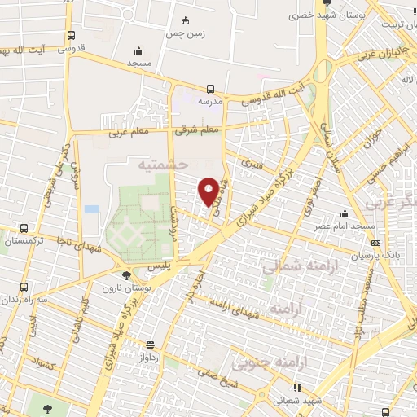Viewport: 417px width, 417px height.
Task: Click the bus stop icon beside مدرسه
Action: coord(211,89)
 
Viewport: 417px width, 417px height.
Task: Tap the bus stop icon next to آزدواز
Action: coord(149,345)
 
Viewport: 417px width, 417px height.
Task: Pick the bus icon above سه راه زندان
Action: coord(24,287)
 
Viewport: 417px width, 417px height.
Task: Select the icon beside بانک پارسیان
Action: coord(375,242)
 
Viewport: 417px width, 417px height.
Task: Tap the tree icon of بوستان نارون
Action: coord(133,276)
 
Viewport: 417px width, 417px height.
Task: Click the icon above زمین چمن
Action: coord(187,20)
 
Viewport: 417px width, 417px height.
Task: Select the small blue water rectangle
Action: coord(92,209)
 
